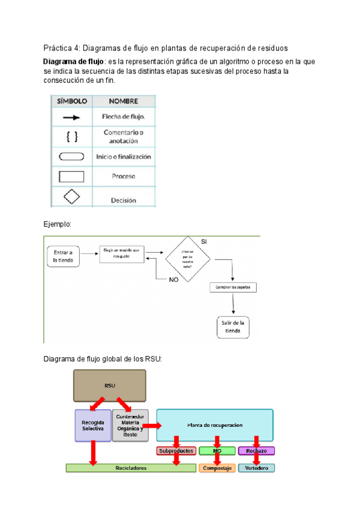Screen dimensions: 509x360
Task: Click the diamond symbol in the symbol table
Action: pyautogui.click(x=71, y=197)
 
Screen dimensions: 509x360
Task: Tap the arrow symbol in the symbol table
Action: pyautogui.click(x=71, y=117)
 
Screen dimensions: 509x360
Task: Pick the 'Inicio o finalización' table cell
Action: pyautogui.click(x=123, y=157)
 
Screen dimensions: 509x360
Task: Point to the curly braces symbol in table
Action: pyautogui.click(x=71, y=136)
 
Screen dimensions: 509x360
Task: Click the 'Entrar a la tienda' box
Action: pyautogui.click(x=62, y=256)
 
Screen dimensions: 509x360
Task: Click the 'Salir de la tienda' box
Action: pyautogui.click(x=232, y=327)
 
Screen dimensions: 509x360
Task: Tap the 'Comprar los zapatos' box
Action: pyautogui.click(x=233, y=288)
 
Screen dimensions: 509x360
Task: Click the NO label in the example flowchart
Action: pyautogui.click(x=173, y=280)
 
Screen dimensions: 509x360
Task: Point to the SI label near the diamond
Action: pyautogui.click(x=204, y=241)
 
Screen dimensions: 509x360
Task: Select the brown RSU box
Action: pyautogui.click(x=110, y=385)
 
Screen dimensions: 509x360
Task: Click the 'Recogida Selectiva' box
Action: pyautogui.click(x=92, y=426)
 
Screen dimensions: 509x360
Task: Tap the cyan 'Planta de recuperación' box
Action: pyautogui.click(x=214, y=424)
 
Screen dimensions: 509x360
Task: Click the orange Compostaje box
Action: pyautogui.click(x=217, y=468)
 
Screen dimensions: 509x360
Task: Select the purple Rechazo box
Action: pyautogui.click(x=256, y=450)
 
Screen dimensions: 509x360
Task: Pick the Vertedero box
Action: pyautogui.click(x=256, y=468)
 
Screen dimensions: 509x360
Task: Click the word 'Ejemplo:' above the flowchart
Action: pyautogui.click(x=57, y=224)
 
